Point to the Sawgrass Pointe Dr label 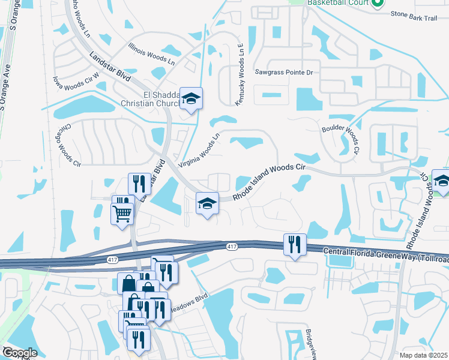click(284, 73)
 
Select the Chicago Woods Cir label click(73, 144)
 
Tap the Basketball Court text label click(337, 3)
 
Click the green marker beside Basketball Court click(378, 4)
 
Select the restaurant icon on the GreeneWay click(294, 245)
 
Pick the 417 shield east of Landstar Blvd click(232, 246)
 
